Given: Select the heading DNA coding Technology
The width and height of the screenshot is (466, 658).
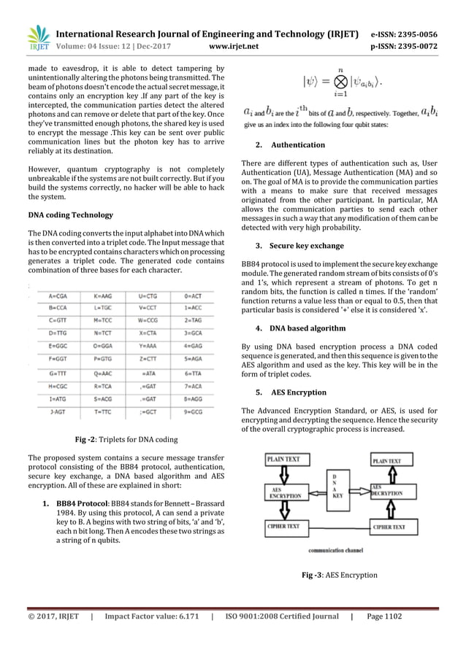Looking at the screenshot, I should pos(69,214).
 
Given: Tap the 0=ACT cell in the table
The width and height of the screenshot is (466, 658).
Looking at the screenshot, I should pos(193,297).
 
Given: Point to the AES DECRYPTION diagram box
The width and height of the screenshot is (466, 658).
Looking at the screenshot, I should pos(392,489).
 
